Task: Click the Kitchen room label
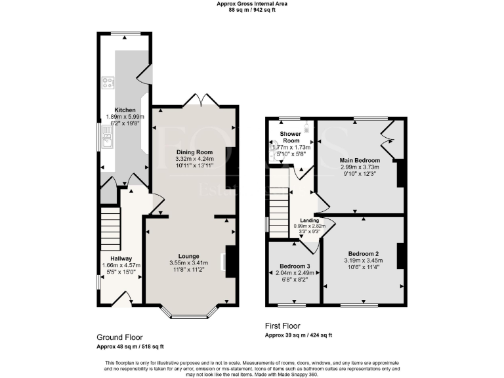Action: (x=125, y=110)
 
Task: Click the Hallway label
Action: (x=121, y=258)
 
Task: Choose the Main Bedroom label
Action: (x=360, y=159)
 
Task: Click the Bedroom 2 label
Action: (x=363, y=253)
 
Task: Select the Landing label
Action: (x=309, y=220)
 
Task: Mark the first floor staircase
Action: (x=280, y=203)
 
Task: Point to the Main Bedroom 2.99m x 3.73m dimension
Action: (x=360, y=167)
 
